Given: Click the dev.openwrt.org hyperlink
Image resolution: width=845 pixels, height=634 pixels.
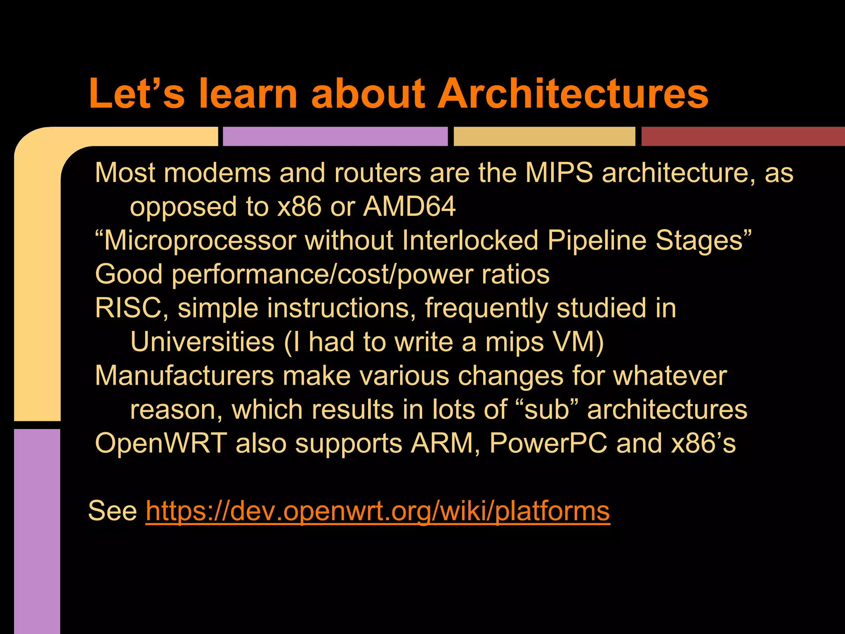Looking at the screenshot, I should [378, 511].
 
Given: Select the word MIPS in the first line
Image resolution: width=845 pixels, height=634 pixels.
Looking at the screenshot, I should [559, 173].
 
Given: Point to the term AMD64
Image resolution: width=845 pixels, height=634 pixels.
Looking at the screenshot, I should [409, 206].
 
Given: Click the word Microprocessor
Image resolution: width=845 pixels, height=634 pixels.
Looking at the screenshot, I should [200, 241].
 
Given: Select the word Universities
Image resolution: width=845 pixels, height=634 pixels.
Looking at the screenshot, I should [203, 342].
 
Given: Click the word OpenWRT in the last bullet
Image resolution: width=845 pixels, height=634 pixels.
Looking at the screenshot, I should [161, 444].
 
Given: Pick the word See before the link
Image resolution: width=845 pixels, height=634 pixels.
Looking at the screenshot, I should [113, 511].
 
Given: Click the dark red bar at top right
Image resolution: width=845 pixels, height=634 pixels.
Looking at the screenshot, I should [743, 137].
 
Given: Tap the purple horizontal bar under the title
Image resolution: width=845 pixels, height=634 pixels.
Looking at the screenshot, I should [335, 137].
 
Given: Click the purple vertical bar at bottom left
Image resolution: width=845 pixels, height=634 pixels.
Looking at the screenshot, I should [37, 532].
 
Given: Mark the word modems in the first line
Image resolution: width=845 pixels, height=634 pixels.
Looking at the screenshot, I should [217, 173].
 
